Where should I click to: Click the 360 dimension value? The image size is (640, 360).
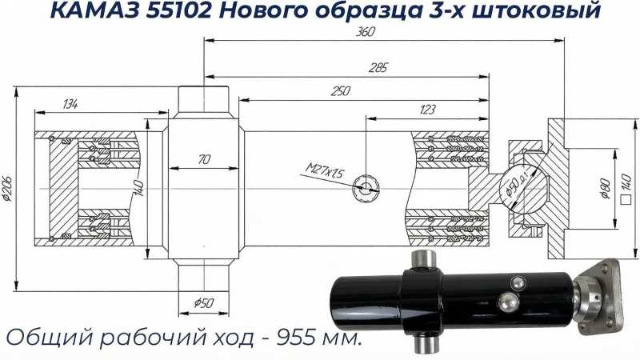365,32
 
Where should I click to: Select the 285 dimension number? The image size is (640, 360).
378,68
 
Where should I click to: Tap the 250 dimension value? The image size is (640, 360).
341,90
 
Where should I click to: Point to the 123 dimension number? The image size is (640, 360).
427,110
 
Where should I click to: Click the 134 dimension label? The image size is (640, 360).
70,104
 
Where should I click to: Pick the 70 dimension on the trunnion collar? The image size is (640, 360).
204,159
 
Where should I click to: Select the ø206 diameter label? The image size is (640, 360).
7,188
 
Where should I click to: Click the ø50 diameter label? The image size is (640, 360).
203,303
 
